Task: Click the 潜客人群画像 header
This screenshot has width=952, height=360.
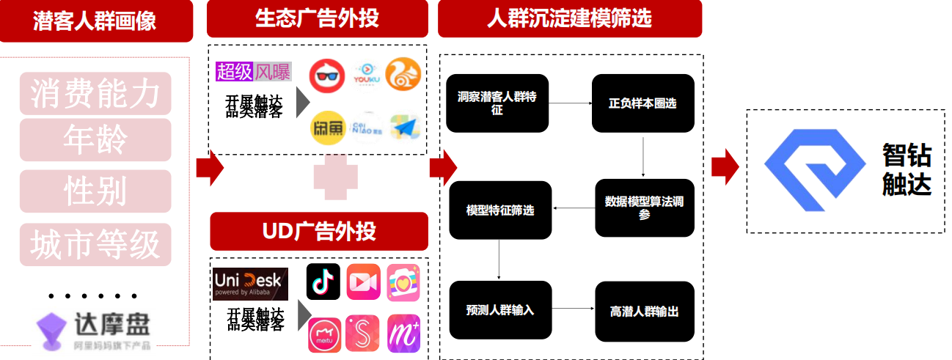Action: (95, 20)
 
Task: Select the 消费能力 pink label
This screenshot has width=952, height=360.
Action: (95, 93)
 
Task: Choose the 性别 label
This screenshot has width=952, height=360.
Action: (95, 191)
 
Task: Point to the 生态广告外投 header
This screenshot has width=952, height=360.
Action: (317, 18)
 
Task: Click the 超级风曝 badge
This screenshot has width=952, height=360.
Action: (254, 71)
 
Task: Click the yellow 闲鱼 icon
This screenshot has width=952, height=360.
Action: (327, 128)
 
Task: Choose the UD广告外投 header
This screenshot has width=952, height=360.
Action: (319, 232)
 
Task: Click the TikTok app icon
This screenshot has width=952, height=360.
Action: (323, 282)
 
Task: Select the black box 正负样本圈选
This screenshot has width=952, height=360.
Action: (642, 103)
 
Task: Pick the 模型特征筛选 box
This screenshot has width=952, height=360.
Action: (500, 210)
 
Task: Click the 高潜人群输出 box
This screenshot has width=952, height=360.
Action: (644, 311)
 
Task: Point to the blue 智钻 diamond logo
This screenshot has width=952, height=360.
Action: (815, 170)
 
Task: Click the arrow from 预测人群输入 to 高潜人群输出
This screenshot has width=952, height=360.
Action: (573, 310)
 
